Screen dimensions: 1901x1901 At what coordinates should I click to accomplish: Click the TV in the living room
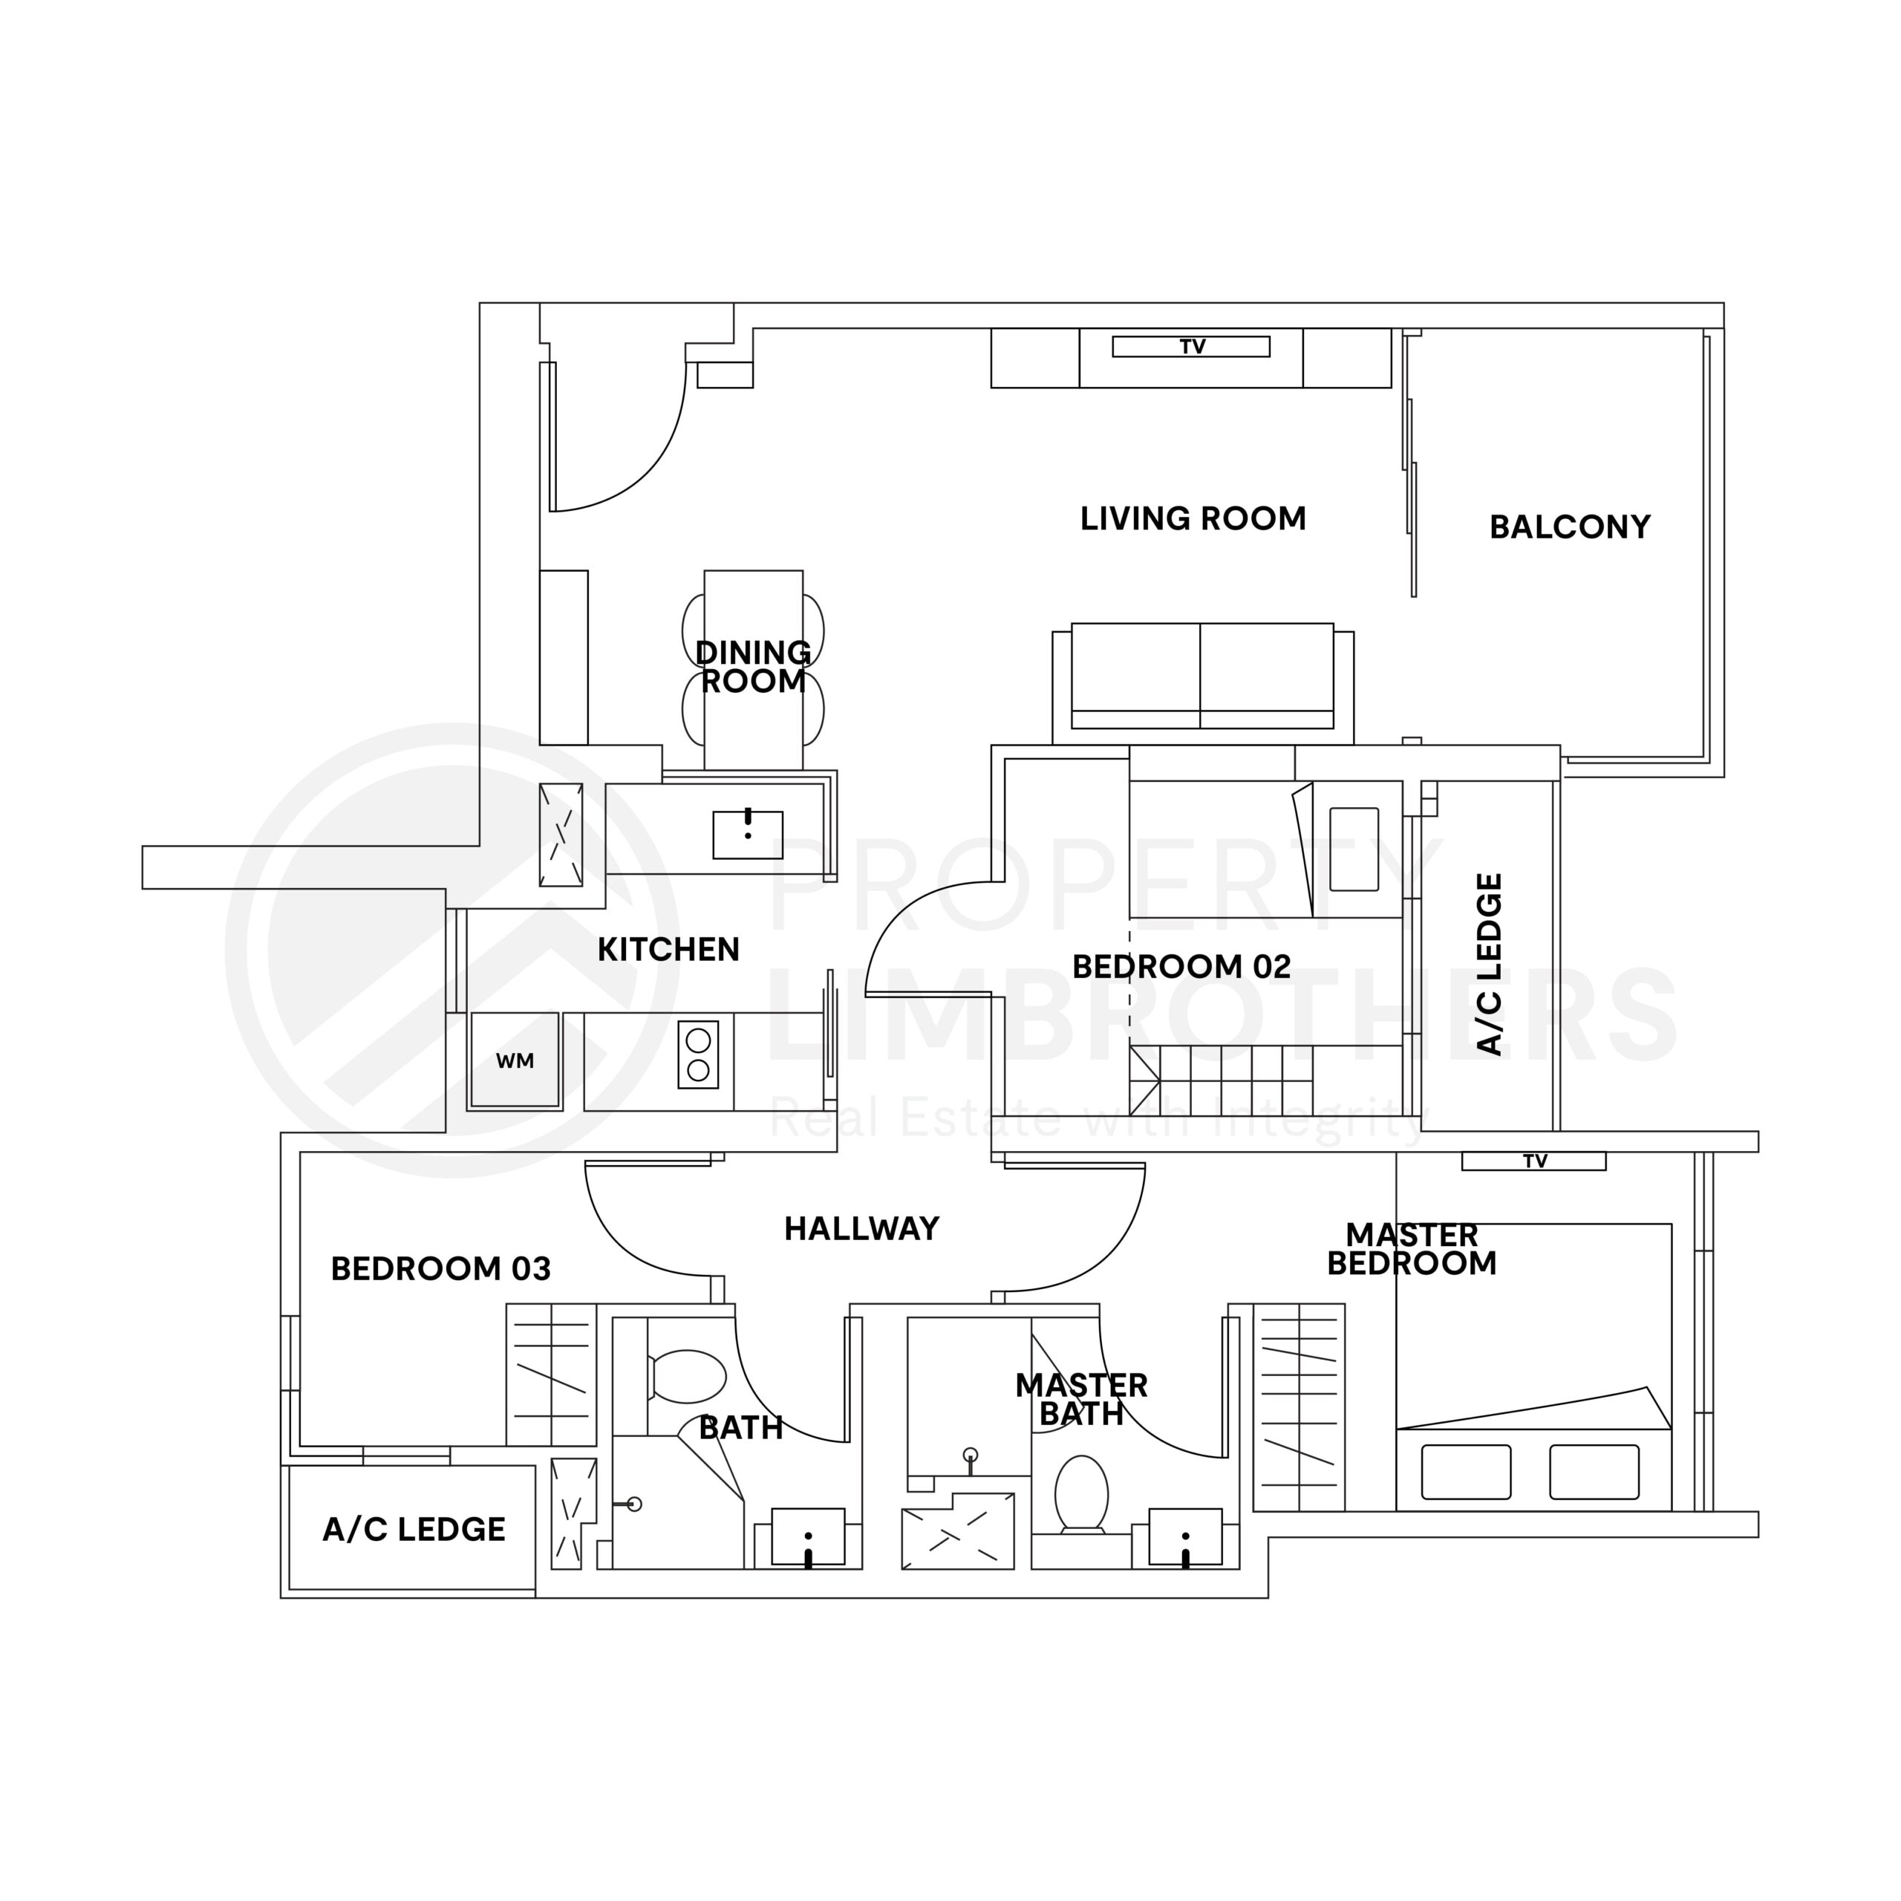click(1190, 346)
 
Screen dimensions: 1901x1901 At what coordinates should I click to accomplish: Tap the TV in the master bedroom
click(1533, 1161)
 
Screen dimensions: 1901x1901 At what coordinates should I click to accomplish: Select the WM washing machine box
click(515, 1060)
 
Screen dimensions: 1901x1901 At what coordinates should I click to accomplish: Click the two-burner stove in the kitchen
click(697, 1054)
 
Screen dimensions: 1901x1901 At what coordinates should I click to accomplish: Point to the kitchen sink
click(748, 835)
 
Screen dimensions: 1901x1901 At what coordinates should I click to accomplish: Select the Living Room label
click(1193, 518)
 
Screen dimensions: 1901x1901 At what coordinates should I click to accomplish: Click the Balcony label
click(1569, 527)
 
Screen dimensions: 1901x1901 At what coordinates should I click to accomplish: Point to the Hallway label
click(861, 1228)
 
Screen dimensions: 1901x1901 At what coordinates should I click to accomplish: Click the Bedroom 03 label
click(440, 1269)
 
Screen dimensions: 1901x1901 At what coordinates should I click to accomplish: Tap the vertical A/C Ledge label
click(1490, 965)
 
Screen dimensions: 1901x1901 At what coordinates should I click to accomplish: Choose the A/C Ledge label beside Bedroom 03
click(414, 1529)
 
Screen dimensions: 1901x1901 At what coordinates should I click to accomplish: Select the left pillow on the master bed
click(1466, 1471)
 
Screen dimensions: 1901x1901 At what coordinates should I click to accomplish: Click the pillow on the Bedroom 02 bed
click(1354, 848)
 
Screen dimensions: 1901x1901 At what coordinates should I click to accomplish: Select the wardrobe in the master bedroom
click(1299, 1408)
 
